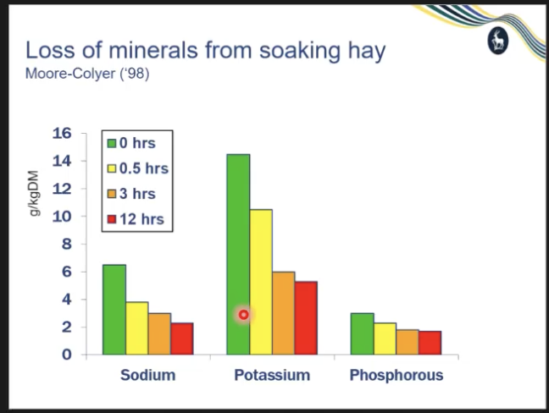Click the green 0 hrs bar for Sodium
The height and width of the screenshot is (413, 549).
pyautogui.click(x=114, y=309)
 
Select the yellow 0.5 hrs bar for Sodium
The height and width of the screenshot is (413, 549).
pyautogui.click(x=137, y=328)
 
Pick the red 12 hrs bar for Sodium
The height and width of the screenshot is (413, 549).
pyautogui.click(x=182, y=338)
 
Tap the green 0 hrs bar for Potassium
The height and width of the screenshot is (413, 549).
pyautogui.click(x=238, y=254)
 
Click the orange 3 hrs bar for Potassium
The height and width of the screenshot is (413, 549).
pyautogui.click(x=283, y=312)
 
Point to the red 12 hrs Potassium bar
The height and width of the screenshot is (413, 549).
pyautogui.click(x=306, y=317)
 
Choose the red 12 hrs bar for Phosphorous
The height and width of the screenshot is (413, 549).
pyautogui.click(x=430, y=342)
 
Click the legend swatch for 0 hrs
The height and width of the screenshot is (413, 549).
pyautogui.click(x=111, y=143)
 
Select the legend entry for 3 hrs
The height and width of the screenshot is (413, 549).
pyautogui.click(x=136, y=195)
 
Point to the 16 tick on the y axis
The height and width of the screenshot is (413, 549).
pyautogui.click(x=64, y=134)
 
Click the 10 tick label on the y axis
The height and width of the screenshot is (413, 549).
pyautogui.click(x=64, y=217)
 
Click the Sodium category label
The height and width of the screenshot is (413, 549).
pyautogui.click(x=147, y=375)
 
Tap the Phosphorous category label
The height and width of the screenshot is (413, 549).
pyautogui.click(x=396, y=375)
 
